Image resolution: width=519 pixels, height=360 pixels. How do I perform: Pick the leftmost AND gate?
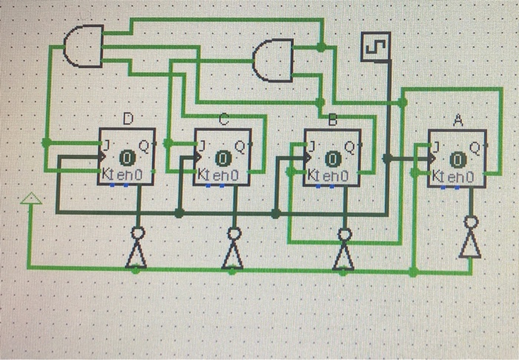[x=84, y=45]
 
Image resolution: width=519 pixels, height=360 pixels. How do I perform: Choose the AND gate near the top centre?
[x=272, y=61]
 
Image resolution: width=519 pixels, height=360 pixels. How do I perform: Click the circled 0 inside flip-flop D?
[x=127, y=158]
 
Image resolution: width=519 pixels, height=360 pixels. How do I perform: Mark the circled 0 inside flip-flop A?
[x=457, y=158]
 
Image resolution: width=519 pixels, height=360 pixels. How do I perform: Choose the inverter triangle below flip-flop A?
[x=469, y=244]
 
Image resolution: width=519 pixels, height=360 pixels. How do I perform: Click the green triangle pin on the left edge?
[x=30, y=198]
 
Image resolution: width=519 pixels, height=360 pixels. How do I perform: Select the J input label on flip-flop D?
[x=106, y=145]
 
